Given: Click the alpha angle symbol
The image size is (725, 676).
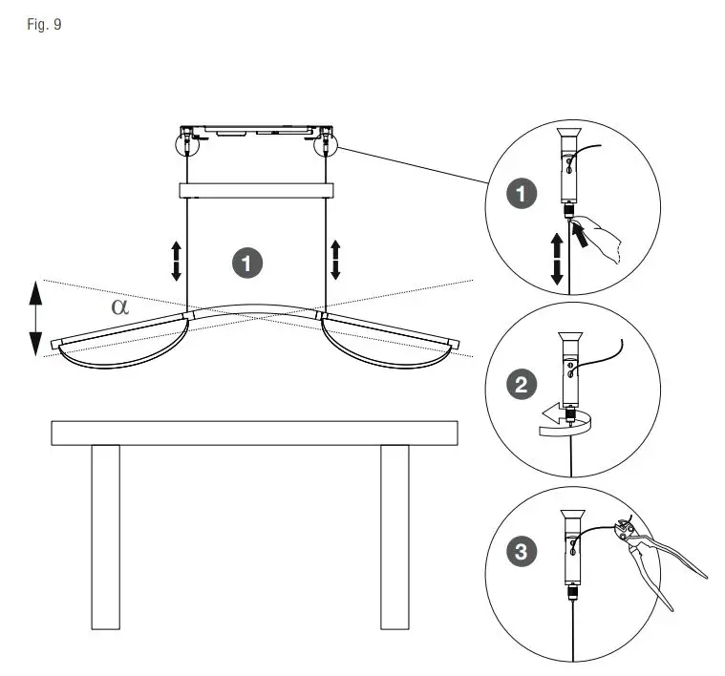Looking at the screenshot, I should pyautogui.click(x=119, y=306).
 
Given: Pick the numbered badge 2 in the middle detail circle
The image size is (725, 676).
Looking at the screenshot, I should pyautogui.click(x=521, y=385).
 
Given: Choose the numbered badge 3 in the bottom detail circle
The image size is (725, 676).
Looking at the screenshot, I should pyautogui.click(x=521, y=551).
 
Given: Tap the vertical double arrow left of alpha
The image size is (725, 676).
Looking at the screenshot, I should pyautogui.click(x=35, y=317).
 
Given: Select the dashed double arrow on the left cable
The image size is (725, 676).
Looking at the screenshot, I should pyautogui.click(x=176, y=261).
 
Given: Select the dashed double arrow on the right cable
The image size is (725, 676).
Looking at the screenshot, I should pyautogui.click(x=335, y=261).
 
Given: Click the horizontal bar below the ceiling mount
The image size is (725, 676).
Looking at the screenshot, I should pyautogui.click(x=256, y=190).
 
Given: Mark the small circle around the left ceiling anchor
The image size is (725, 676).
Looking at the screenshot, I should pyautogui.click(x=187, y=144).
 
